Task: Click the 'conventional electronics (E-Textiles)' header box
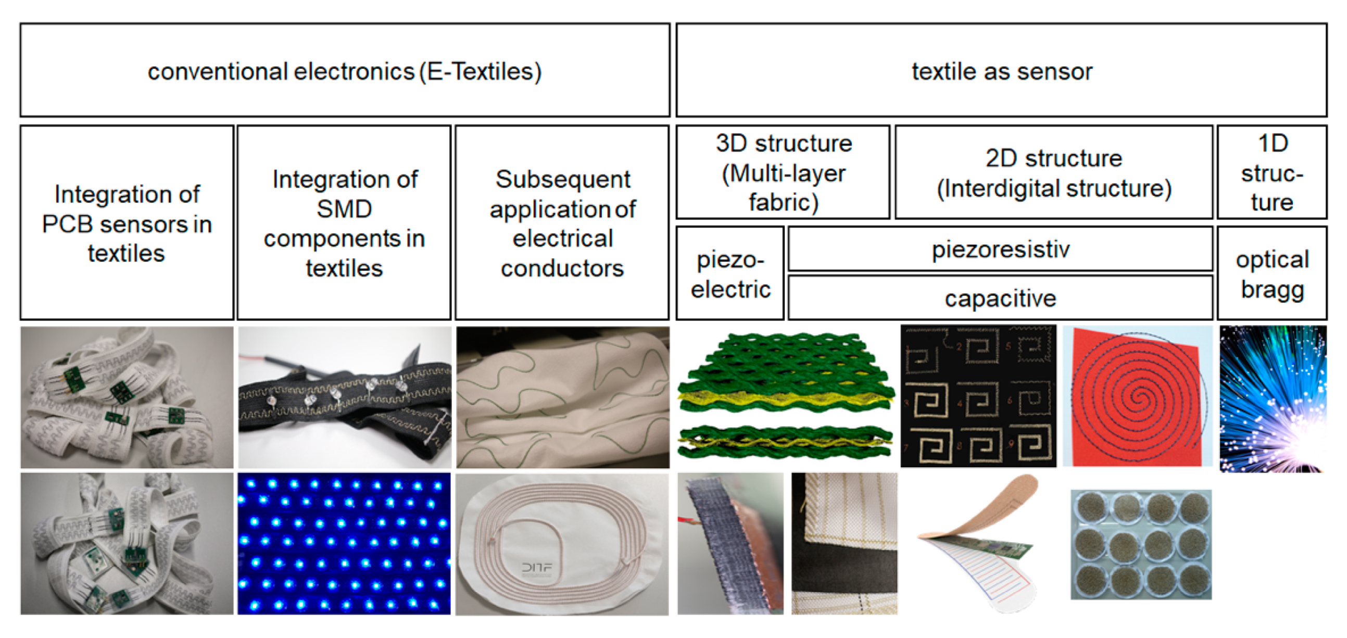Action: [345, 70]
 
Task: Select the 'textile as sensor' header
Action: [1001, 70]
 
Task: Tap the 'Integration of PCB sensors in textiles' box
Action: [127, 223]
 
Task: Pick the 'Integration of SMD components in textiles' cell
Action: [344, 223]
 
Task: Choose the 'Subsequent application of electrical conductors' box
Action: [562, 223]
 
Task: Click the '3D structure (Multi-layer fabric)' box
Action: [783, 172]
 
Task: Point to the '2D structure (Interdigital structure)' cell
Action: [1053, 172]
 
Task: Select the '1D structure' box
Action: [1272, 172]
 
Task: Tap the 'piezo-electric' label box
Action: [730, 273]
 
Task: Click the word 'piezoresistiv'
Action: [1000, 249]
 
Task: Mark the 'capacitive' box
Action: [1000, 298]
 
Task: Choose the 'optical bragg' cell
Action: [1272, 273]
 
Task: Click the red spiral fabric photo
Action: [1138, 396]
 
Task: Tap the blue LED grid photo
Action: [344, 544]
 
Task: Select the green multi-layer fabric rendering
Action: [784, 396]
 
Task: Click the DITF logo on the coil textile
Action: [536, 568]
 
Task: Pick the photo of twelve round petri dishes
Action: [1141, 544]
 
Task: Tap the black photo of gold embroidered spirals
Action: [978, 396]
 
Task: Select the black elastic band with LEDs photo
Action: [344, 397]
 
